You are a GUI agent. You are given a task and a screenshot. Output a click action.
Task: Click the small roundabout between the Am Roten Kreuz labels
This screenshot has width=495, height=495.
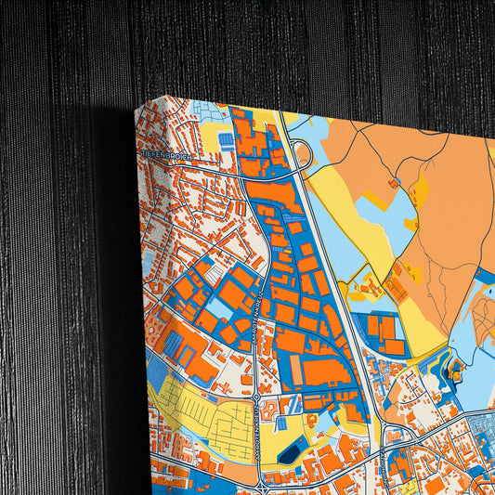256,397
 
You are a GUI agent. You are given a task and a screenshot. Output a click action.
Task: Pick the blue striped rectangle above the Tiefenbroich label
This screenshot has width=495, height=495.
226,139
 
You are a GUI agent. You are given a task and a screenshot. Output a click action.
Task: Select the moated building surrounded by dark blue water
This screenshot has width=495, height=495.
455,373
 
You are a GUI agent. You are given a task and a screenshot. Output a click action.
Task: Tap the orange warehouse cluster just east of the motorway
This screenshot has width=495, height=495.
385,330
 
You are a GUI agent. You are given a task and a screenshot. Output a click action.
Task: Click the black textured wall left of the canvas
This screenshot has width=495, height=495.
56,279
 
